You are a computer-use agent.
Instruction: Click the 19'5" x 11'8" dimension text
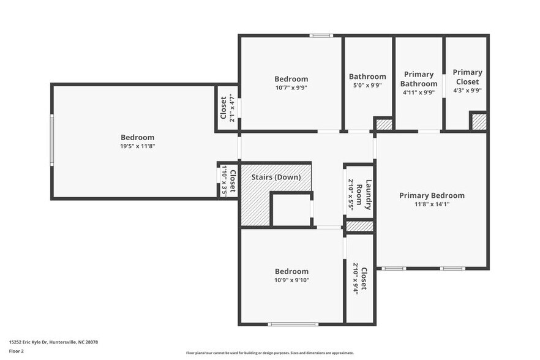pyautogui.click(x=137, y=146)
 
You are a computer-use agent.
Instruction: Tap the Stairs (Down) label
pyautogui.click(x=276, y=177)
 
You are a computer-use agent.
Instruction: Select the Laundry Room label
pyautogui.click(x=369, y=195)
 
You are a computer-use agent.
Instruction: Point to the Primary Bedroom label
pyautogui.click(x=432, y=196)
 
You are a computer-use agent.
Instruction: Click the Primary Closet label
pyautogui.click(x=467, y=77)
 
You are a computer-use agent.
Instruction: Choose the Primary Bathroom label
pyautogui.click(x=419, y=79)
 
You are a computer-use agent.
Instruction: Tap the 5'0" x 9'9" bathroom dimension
pyautogui.click(x=367, y=86)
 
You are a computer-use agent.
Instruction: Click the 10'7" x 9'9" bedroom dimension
pyautogui.click(x=291, y=88)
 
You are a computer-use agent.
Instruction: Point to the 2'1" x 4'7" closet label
pyautogui.click(x=227, y=108)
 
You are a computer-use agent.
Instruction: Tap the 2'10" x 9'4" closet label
pyautogui.click(x=359, y=280)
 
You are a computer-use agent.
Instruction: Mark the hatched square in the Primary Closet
pyautogui.click(x=478, y=121)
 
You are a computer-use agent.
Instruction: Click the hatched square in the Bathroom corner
pyautogui.click(x=383, y=124)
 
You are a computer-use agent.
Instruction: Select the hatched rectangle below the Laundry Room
pyautogui.click(x=359, y=227)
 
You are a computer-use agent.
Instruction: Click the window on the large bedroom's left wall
pyautogui.click(x=52, y=140)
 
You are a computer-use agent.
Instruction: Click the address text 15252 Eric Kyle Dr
pyautogui.click(x=53, y=342)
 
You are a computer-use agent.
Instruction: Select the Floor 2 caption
pyautogui.click(x=17, y=351)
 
